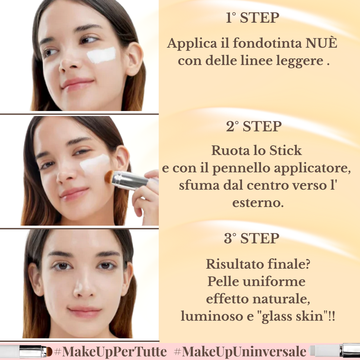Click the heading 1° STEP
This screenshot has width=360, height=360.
(x=252, y=18)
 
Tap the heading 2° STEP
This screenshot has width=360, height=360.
(x=253, y=127)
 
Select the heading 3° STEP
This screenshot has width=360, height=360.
(x=252, y=238)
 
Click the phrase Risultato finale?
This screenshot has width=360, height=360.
(x=258, y=264)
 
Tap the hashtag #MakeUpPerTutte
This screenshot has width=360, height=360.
(x=111, y=351)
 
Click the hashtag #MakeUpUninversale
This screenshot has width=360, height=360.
(x=240, y=351)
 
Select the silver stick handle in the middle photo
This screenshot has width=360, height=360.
(x=130, y=180)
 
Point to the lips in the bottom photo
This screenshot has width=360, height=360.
(x=84, y=311)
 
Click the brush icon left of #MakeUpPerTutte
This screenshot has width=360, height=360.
(x=33, y=351)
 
